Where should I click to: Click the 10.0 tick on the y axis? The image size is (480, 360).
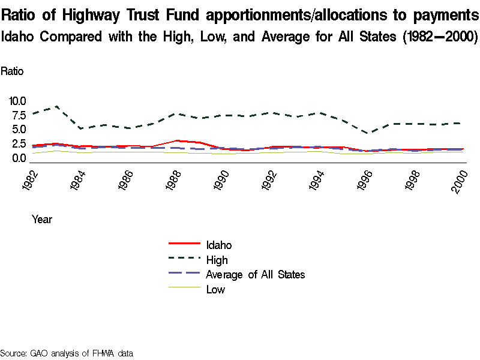point(18,101)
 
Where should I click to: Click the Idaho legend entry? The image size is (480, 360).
point(218,245)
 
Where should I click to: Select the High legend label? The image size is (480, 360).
point(217,260)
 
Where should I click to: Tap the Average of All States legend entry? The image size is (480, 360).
point(255,275)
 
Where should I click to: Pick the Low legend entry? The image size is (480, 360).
point(215,290)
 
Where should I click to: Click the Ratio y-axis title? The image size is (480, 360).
point(12,71)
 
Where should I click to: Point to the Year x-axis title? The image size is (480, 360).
point(42,220)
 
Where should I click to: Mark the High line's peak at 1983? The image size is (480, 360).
point(56,106)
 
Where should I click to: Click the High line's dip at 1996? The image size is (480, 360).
point(370,133)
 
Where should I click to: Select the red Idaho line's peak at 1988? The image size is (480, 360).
point(175,140)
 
